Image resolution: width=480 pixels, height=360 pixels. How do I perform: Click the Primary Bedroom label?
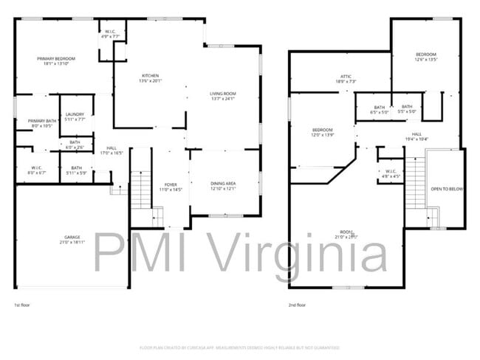pyautogui.click(x=57, y=58)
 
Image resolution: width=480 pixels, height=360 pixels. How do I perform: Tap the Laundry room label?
pyautogui.click(x=75, y=114)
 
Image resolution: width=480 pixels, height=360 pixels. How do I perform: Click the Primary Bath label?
pyautogui.click(x=42, y=120)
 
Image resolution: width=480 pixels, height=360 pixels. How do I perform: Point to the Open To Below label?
pyautogui.click(x=447, y=189)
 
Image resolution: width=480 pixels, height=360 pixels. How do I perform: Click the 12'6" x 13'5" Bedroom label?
pyautogui.click(x=426, y=55)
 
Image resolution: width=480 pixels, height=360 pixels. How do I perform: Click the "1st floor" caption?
pyautogui.click(x=23, y=305)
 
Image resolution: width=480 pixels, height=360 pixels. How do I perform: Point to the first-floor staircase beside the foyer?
pyautogui.click(x=140, y=188)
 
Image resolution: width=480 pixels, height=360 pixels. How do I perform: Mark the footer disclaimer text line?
pyautogui.click(x=239, y=347)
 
